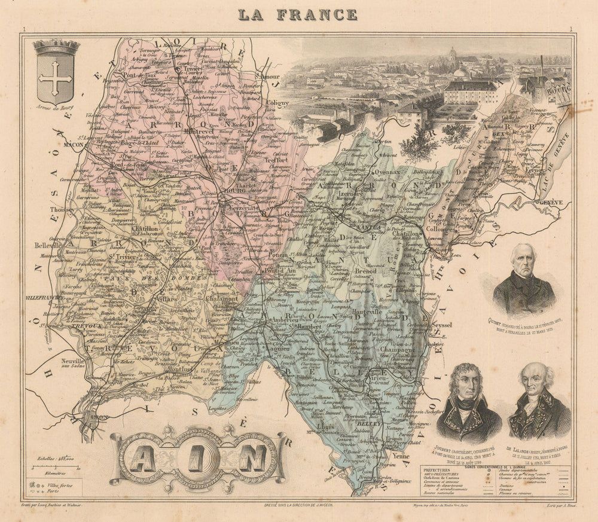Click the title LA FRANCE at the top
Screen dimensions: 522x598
298,14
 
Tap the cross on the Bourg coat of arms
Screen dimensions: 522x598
56,77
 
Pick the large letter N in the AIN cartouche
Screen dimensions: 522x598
253,459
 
